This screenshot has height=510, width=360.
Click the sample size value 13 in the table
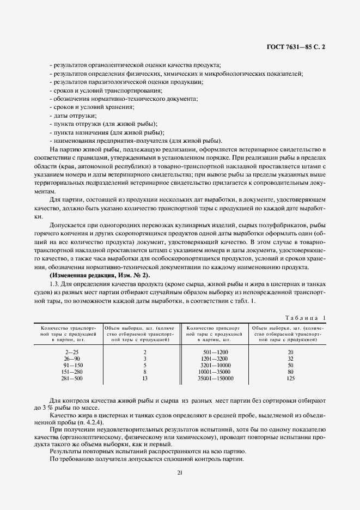pyautogui.click(x=144, y=378)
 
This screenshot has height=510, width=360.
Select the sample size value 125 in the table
pyautogui.click(x=290, y=378)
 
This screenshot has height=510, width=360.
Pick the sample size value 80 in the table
pyautogui.click(x=290, y=372)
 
